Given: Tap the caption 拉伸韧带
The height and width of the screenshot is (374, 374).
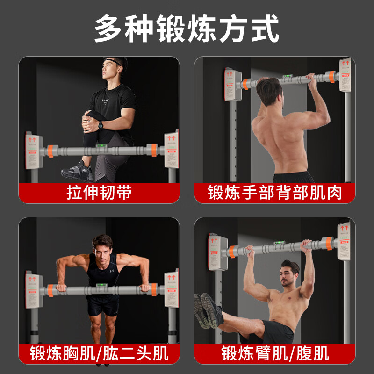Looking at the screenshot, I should (99, 193).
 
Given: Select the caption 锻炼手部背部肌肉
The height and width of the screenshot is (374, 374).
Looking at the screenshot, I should (275, 193).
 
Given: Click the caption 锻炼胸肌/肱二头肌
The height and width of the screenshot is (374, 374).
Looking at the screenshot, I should (99, 353).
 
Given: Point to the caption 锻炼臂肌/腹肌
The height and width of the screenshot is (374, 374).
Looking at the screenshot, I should (275, 353).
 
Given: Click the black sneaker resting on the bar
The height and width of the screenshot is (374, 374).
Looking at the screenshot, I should (78, 172).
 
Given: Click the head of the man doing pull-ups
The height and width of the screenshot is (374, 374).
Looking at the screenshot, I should (269, 91).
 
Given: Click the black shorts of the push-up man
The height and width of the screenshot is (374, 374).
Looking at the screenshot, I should (102, 306).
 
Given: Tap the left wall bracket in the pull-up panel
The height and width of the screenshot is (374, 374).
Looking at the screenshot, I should (232, 85).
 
